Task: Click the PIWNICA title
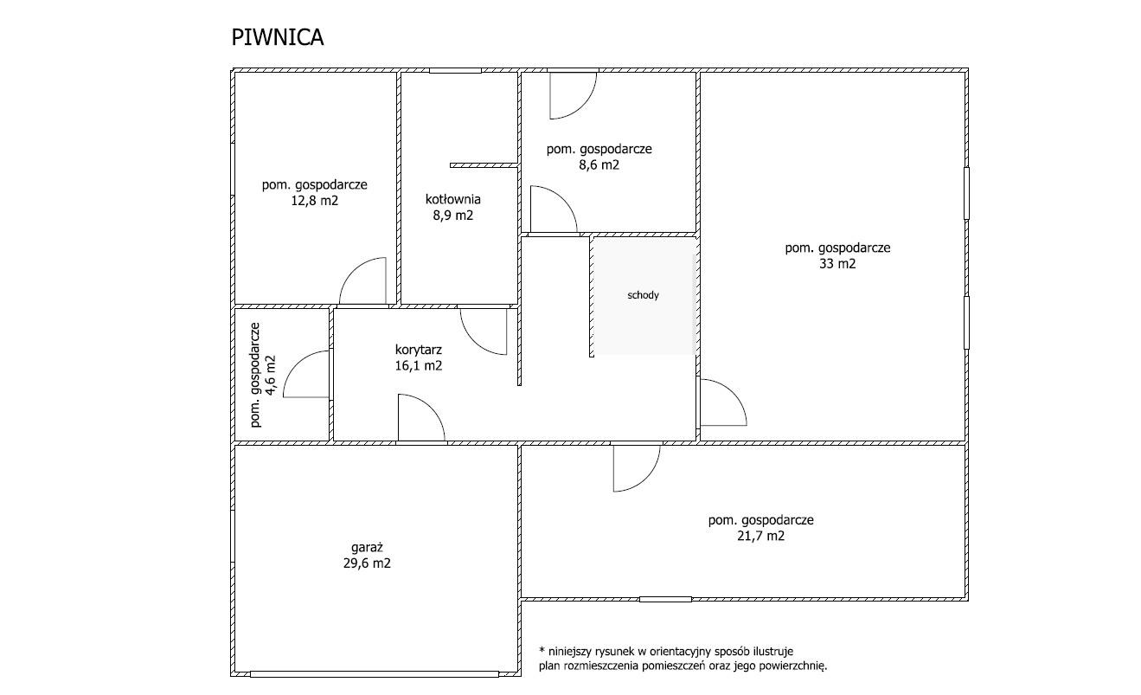click(x=278, y=37)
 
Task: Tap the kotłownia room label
click(x=452, y=199)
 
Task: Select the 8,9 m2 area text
click(x=452, y=215)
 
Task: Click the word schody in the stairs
click(x=643, y=295)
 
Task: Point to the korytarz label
click(x=418, y=350)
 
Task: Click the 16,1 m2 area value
click(x=418, y=365)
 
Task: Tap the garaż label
click(x=367, y=548)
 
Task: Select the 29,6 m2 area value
click(x=367, y=563)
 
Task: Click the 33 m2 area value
click(x=837, y=263)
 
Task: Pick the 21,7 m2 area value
click(x=760, y=536)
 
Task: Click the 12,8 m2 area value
click(x=314, y=200)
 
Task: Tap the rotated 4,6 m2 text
click(x=271, y=375)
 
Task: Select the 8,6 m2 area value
click(x=599, y=164)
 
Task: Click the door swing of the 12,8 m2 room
click(x=352, y=270)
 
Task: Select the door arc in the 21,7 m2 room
click(x=647, y=479)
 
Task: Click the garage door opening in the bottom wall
click(x=375, y=673)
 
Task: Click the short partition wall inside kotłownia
click(x=484, y=165)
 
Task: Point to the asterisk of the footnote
click(x=542, y=650)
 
